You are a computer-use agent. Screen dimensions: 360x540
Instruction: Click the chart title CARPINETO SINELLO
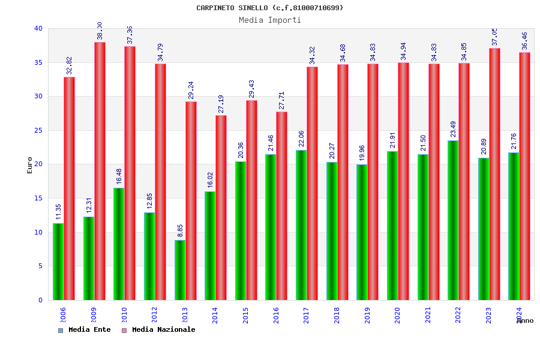tap(270, 8)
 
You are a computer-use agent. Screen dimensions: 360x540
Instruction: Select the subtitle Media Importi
tap(270, 20)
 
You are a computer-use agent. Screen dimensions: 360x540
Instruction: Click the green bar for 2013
tap(180, 270)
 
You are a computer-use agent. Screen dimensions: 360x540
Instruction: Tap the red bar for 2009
tap(100, 171)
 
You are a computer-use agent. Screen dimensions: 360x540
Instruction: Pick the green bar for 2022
tap(453, 220)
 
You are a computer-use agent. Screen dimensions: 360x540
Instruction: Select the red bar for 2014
tap(221, 208)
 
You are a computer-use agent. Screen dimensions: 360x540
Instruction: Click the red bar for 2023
tap(494, 174)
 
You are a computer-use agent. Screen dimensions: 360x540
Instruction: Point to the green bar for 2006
tap(58, 262)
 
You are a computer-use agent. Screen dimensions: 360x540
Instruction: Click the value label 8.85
tap(180, 231)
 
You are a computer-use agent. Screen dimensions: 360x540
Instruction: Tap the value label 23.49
tap(454, 129)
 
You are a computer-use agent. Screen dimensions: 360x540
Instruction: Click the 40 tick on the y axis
tap(38, 28)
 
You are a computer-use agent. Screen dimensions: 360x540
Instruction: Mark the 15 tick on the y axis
tap(38, 198)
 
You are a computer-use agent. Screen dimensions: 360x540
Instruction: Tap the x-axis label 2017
tap(307, 316)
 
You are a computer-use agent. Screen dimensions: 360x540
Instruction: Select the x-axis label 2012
tap(155, 316)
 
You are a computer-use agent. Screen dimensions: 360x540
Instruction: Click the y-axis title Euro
tap(30, 165)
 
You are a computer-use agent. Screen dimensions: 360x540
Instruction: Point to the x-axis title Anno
tap(525, 320)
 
